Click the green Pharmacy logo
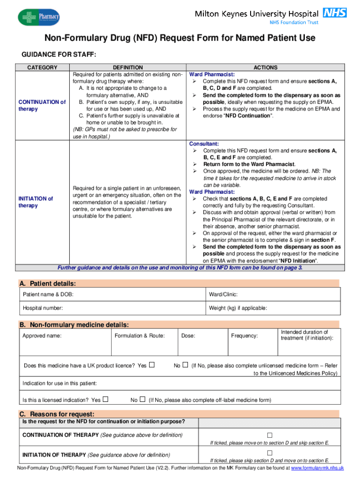(39, 17)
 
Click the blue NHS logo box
(336, 13)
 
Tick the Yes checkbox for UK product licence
(151, 365)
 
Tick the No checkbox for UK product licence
(186, 365)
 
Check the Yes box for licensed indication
(106, 399)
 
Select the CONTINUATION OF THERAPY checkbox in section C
(269, 435)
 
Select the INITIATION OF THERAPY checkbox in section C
(269, 453)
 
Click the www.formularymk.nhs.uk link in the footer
(317, 468)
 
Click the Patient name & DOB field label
(48, 294)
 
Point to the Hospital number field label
(43, 308)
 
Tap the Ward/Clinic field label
(223, 294)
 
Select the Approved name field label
(42, 335)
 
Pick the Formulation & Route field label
(139, 335)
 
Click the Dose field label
(188, 335)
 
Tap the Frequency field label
(244, 335)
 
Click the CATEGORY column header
(42, 68)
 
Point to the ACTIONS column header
(265, 68)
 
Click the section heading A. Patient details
(47, 283)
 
